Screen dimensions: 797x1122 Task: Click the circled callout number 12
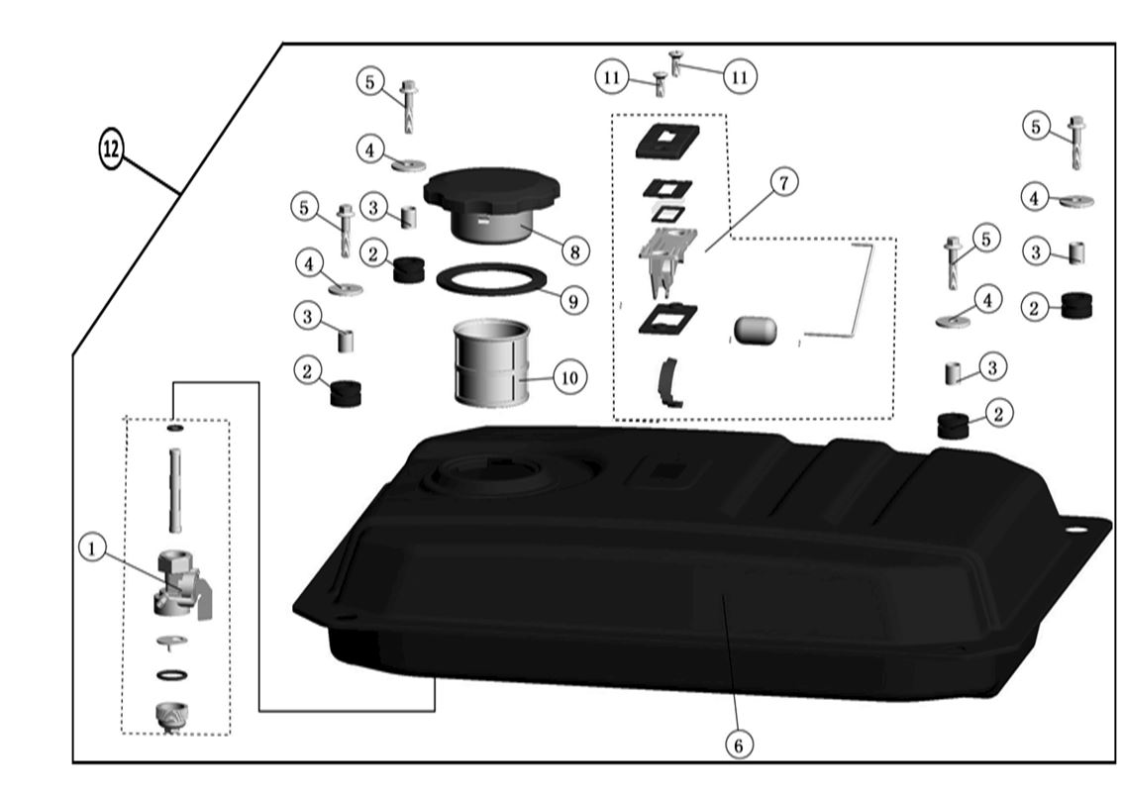(111, 150)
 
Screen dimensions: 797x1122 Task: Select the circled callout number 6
(738, 743)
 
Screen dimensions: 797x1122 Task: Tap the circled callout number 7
(784, 182)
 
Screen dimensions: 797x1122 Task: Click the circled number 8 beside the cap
(572, 251)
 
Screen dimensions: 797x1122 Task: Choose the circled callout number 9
(572, 299)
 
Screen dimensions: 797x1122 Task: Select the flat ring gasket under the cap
(491, 280)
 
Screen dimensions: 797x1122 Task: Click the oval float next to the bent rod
(758, 328)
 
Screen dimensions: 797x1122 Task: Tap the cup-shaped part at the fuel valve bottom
(173, 715)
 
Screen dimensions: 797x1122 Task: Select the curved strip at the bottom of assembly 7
(669, 382)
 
